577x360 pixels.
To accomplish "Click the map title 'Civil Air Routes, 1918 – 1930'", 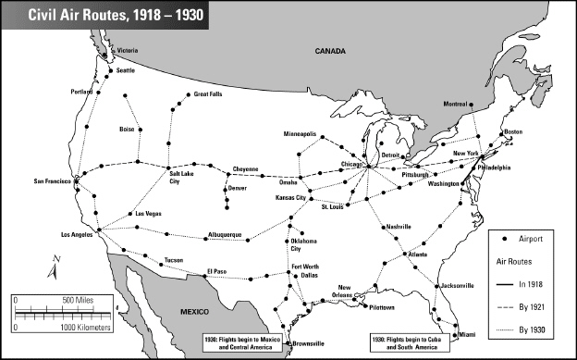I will click(x=104, y=15).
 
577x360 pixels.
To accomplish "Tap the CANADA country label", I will click(x=329, y=52).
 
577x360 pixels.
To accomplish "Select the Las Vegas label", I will click(x=148, y=214).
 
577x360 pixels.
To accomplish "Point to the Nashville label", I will click(x=399, y=227).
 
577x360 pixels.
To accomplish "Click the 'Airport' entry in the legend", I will click(x=534, y=238).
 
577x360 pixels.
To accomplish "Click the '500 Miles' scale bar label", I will click(x=80, y=300).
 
